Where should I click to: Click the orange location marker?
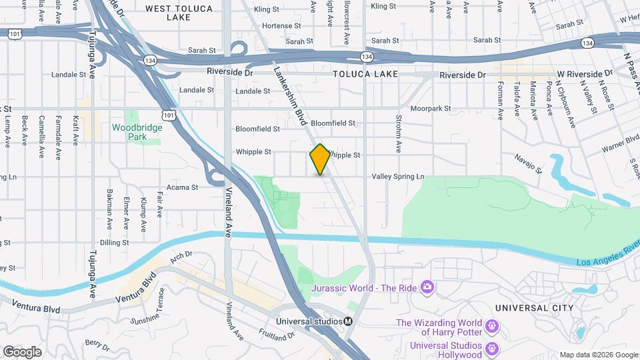click(320, 159)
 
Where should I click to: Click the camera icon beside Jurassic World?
click(427, 287)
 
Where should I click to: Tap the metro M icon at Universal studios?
click(348, 321)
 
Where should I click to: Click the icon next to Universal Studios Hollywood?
click(492, 348)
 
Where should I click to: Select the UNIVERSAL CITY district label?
click(534, 308)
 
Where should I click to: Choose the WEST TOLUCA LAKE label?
click(179, 9)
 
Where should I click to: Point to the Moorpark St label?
click(431, 108)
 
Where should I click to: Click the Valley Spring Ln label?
click(397, 177)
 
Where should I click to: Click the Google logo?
click(22, 352)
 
